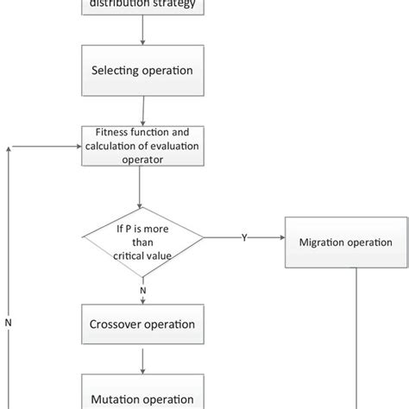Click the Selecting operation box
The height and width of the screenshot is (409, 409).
[x=142, y=71]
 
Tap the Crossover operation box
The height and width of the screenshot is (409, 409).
[x=142, y=325]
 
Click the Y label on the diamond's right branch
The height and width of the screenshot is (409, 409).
[x=243, y=236]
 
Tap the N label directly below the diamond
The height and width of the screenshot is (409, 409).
[x=142, y=290]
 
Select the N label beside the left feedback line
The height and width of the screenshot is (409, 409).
[x=9, y=324]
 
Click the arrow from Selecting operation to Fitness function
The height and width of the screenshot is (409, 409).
[x=142, y=110]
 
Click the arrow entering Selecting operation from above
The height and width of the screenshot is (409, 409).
[x=142, y=35]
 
